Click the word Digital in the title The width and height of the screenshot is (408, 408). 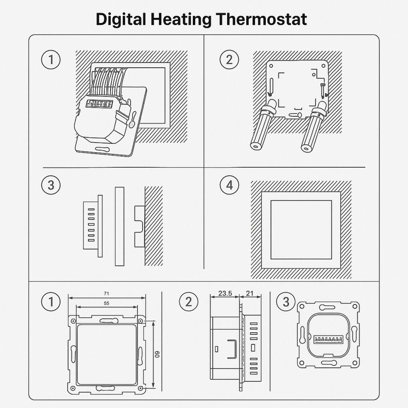(121, 19)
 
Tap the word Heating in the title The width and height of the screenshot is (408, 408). (181, 19)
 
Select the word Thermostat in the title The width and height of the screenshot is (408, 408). (261, 19)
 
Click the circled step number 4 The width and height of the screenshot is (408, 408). (229, 185)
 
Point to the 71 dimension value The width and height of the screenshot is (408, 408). (106, 294)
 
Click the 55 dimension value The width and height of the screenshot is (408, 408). (106, 303)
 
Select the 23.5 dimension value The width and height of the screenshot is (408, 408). (225, 293)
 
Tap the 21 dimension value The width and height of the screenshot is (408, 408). (249, 293)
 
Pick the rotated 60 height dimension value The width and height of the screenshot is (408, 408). (157, 354)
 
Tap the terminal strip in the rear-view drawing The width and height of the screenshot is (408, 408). (328, 339)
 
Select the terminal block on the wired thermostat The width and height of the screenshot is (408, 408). (99, 104)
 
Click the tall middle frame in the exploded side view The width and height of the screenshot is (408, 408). (120, 226)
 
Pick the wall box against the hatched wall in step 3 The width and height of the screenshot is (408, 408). (139, 226)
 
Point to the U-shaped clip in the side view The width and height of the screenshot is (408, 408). (232, 349)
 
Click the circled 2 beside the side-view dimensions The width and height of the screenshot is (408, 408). (188, 302)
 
